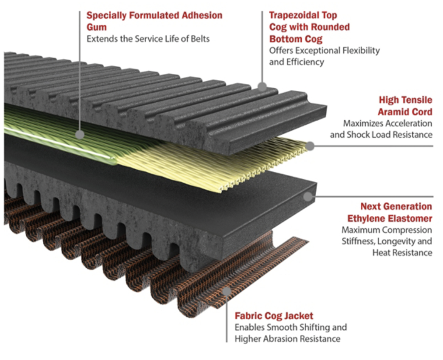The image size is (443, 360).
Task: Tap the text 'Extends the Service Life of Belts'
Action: click(148, 39)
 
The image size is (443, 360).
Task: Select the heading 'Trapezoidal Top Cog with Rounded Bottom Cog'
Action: click(309, 27)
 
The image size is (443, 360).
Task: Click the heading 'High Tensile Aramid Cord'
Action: click(405, 106)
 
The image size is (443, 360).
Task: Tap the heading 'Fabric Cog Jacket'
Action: click(274, 316)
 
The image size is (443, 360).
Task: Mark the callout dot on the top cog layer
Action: click(261, 86)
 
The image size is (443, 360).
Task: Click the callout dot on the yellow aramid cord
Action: click(311, 144)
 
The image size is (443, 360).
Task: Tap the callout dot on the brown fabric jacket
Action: click(227, 291)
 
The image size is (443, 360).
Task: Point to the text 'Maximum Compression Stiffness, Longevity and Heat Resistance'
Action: click(387, 241)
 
